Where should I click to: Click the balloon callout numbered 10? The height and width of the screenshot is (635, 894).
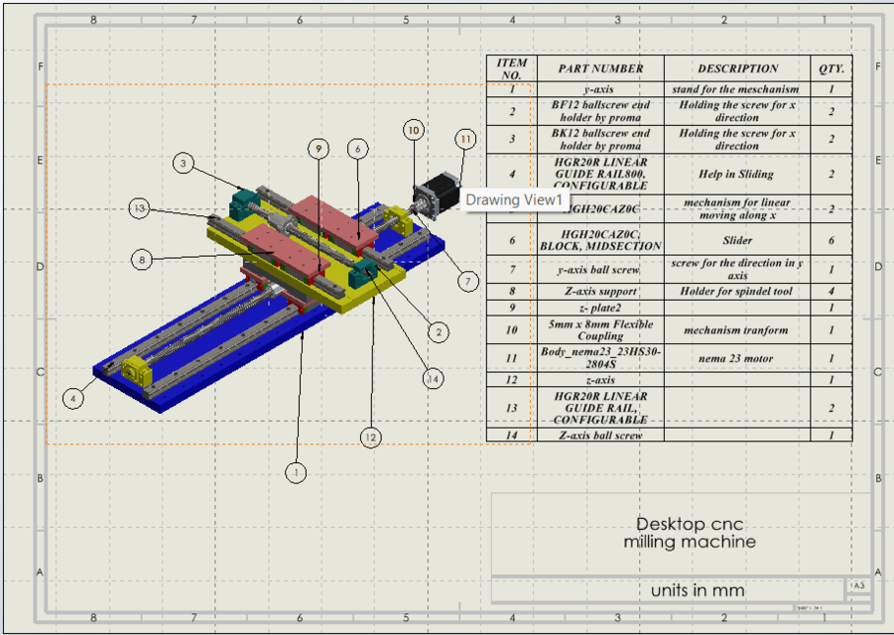tap(414, 130)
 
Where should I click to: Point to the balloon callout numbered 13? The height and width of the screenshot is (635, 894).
tap(140, 208)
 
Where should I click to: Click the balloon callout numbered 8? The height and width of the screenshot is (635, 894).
tap(143, 260)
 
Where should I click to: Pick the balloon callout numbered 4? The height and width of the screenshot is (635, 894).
tap(72, 399)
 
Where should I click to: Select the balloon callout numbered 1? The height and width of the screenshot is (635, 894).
tap(296, 472)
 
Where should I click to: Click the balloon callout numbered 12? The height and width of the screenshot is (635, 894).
tap(370, 436)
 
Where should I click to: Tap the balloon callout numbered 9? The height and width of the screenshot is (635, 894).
tap(318, 149)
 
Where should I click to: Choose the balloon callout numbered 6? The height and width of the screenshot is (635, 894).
tap(358, 149)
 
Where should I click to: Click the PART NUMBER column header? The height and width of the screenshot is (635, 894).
tap(600, 68)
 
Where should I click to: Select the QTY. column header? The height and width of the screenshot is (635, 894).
tap(831, 68)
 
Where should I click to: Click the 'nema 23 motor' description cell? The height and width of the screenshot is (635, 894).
tap(736, 358)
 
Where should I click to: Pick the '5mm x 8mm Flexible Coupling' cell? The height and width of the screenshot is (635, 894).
tap(600, 330)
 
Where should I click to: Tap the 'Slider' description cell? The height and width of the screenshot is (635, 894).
tap(736, 240)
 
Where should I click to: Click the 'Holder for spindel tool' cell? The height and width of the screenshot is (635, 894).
tap(736, 292)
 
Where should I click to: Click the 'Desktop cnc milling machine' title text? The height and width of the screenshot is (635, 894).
tap(689, 533)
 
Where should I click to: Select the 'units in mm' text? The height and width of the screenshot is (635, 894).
tap(697, 590)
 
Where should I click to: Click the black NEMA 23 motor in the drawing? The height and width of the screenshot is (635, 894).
tap(441, 190)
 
